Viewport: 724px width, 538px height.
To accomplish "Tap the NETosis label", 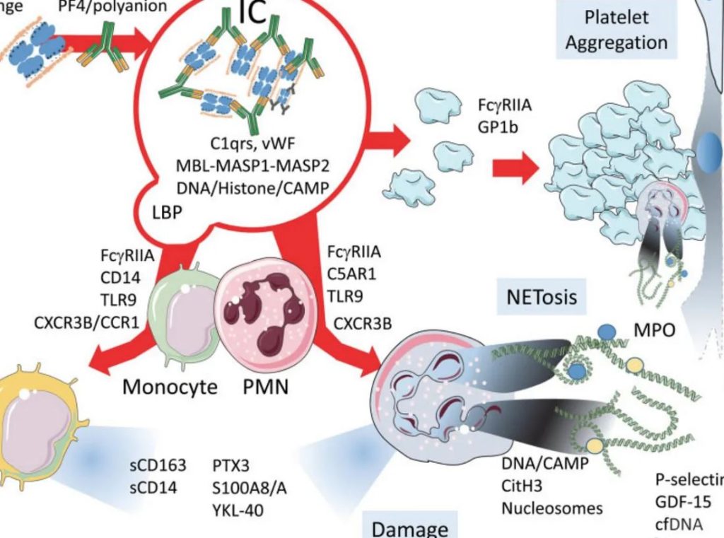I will click(x=542, y=296).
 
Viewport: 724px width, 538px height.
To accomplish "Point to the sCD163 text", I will click(x=158, y=466).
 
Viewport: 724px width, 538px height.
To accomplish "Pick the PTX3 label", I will click(x=231, y=466).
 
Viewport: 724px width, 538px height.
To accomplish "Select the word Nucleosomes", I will click(x=552, y=508).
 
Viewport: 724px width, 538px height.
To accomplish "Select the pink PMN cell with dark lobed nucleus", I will click(x=259, y=311).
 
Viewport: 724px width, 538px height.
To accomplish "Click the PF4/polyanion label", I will click(x=114, y=7).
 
